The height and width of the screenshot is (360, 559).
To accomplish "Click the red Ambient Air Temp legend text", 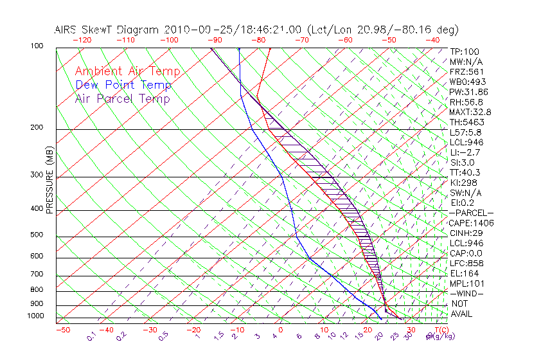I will click(127, 71).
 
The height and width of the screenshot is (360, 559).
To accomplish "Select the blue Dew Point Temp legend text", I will click(123, 85).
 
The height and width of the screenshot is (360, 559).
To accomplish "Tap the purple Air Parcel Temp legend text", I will click(122, 98).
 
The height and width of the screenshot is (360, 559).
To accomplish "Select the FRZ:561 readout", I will click(466, 71).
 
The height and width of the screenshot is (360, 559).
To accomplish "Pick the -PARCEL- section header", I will click(471, 213).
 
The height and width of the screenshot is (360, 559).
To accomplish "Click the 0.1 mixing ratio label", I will click(91, 335).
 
